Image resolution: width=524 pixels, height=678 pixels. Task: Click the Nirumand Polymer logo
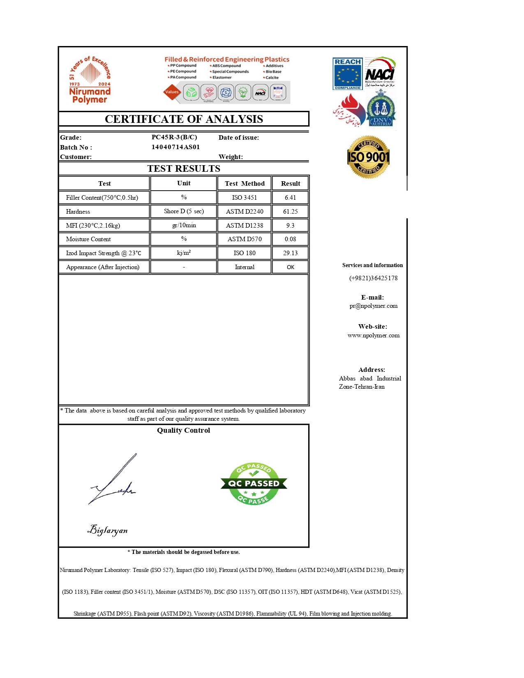(x=90, y=80)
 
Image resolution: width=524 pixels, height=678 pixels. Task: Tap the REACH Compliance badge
(x=347, y=74)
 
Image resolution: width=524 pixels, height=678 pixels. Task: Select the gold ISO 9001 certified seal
(x=368, y=157)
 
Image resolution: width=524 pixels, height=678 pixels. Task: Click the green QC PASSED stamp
(x=254, y=484)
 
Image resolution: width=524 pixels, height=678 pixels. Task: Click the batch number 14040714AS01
(x=175, y=147)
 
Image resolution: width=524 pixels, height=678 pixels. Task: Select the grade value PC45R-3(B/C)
(x=174, y=137)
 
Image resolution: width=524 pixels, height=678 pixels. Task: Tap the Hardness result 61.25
(x=290, y=212)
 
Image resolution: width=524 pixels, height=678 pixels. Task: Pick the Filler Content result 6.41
(x=290, y=198)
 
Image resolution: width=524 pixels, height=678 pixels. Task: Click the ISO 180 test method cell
(x=245, y=253)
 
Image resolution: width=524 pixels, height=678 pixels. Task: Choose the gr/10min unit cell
(x=184, y=225)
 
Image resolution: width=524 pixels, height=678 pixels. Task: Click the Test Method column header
(x=245, y=184)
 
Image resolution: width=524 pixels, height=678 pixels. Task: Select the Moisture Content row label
(x=88, y=239)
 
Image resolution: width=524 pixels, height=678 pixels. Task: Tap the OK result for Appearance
(x=290, y=267)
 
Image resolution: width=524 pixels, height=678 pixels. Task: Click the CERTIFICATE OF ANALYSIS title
(x=184, y=119)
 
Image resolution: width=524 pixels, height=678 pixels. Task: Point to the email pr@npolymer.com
(x=373, y=306)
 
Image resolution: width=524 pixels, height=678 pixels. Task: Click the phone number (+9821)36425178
(x=373, y=278)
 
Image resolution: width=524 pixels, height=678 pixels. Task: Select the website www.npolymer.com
(x=373, y=335)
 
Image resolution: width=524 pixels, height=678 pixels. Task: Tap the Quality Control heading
(x=183, y=430)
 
